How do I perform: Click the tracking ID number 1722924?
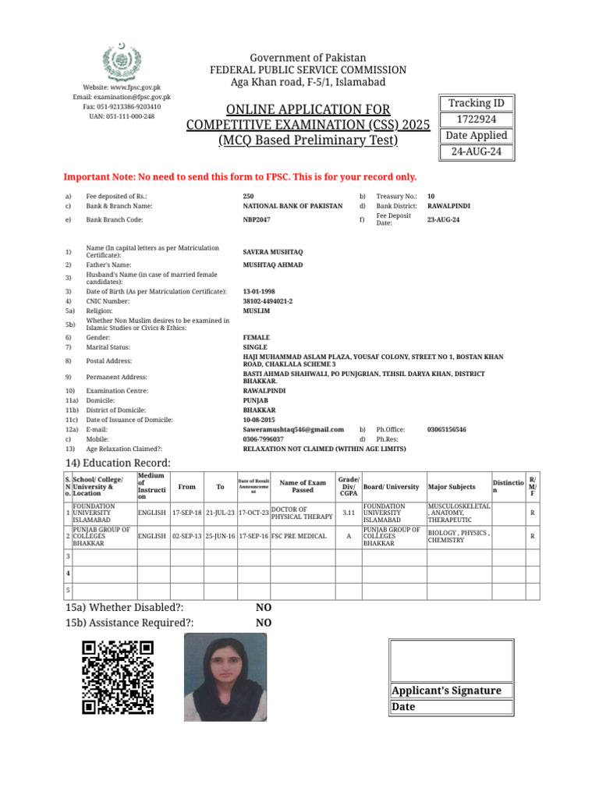pyautogui.click(x=475, y=119)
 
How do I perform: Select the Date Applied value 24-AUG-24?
pyautogui.click(x=475, y=152)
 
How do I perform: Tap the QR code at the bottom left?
pyautogui.click(x=118, y=676)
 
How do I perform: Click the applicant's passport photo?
pyautogui.click(x=224, y=676)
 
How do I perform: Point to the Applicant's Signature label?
pyautogui.click(x=446, y=691)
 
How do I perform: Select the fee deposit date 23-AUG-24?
pyautogui.click(x=443, y=220)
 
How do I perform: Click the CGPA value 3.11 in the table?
pyautogui.click(x=349, y=513)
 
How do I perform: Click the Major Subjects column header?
pyautogui.click(x=452, y=487)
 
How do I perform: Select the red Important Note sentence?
pyautogui.click(x=239, y=177)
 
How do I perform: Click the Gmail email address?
pyautogui.click(x=293, y=429)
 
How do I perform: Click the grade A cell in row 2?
pyautogui.click(x=349, y=537)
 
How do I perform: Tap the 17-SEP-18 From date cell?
pyautogui.click(x=186, y=513)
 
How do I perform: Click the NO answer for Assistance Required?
pyautogui.click(x=264, y=623)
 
